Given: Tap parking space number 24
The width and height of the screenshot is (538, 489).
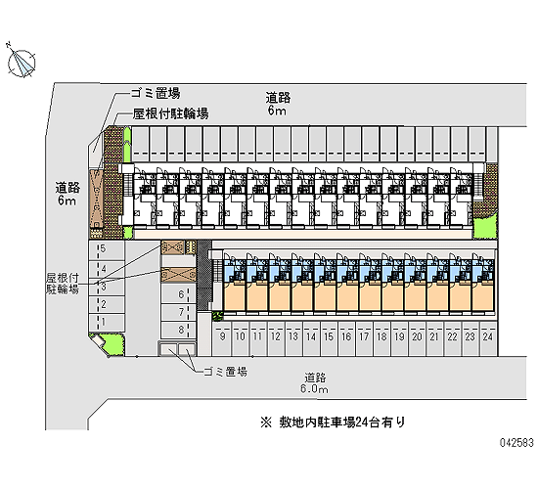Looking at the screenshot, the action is [488, 336].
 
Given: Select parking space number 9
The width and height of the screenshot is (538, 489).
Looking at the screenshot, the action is [223, 336].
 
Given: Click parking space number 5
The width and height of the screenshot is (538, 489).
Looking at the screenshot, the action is [107, 249].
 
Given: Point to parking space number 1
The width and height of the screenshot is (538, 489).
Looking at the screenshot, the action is [107, 322].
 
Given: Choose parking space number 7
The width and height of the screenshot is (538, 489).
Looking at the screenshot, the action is [179, 312].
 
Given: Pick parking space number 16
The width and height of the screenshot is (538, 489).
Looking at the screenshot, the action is [346, 336].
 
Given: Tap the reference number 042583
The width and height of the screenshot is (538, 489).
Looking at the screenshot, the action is [516, 443].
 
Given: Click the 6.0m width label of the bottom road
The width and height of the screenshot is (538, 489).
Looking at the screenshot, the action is [314, 389].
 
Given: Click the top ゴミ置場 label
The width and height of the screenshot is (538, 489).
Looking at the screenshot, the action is [156, 93].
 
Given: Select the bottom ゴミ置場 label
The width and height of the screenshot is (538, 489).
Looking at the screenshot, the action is [225, 372].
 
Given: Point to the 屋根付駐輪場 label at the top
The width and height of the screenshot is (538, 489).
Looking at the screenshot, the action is [171, 113].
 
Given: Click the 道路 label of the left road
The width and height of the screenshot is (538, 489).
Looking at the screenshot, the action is [67, 188].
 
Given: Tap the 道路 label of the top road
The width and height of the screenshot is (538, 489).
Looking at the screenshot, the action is [278, 98].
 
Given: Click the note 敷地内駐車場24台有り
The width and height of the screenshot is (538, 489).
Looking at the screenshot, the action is [334, 422].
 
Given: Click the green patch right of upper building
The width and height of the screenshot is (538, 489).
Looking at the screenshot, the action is [485, 226].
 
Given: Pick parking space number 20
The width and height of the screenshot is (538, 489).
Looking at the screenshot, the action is [418, 336].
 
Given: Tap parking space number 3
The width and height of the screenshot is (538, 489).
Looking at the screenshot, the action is [107, 287].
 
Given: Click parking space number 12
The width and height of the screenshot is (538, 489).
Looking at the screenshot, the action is [276, 336].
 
